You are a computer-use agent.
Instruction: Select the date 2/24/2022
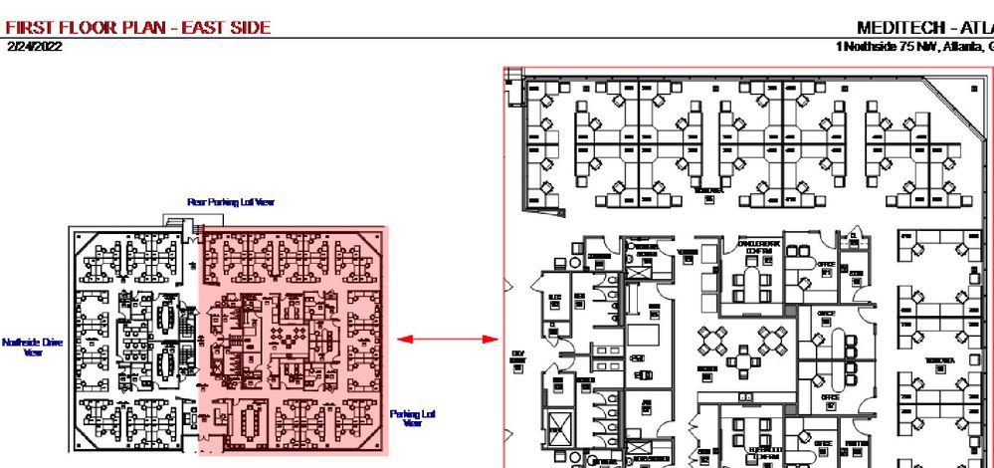[x=33, y=46]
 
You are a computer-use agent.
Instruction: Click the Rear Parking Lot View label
[x=230, y=202]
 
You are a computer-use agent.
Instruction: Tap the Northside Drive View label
[x=32, y=347]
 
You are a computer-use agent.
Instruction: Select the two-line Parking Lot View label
[x=412, y=418]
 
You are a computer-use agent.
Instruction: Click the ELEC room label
[x=555, y=298]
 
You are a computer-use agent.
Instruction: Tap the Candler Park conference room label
[x=759, y=247]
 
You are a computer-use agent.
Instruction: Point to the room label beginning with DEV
[x=517, y=355]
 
